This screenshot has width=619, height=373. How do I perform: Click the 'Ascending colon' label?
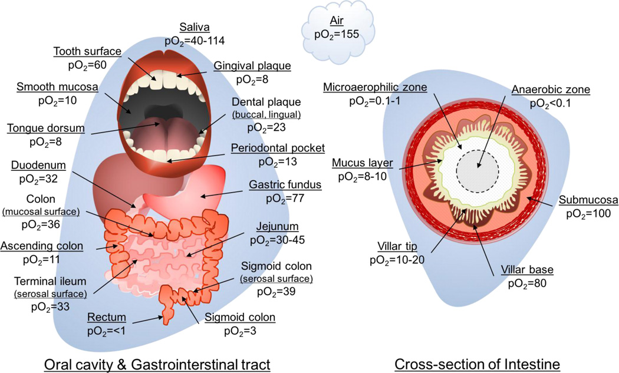click(x=42, y=246)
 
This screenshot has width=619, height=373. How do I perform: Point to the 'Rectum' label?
click(x=104, y=317)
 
